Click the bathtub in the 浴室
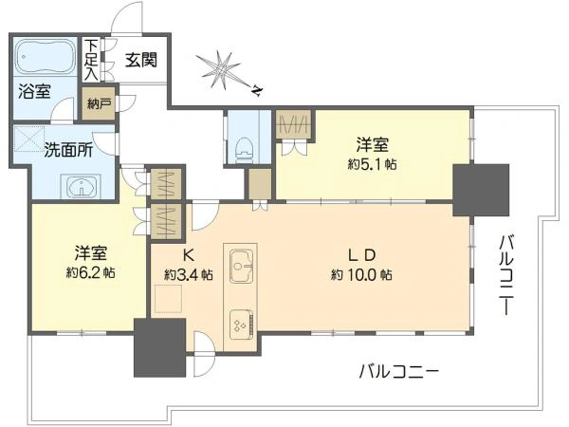46,57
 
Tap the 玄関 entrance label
141,60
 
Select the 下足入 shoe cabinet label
91,60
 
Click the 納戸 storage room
99,104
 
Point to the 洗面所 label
68,150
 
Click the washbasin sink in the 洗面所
81,186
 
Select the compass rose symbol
220,70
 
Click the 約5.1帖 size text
372,165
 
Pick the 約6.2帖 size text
91,272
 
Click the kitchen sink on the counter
241,266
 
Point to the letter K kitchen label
188,255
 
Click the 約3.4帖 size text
189,274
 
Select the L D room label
361,255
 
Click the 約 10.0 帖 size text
361,274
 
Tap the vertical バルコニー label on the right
505,275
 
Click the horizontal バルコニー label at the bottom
399,371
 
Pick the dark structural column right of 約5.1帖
481,190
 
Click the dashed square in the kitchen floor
168,299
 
